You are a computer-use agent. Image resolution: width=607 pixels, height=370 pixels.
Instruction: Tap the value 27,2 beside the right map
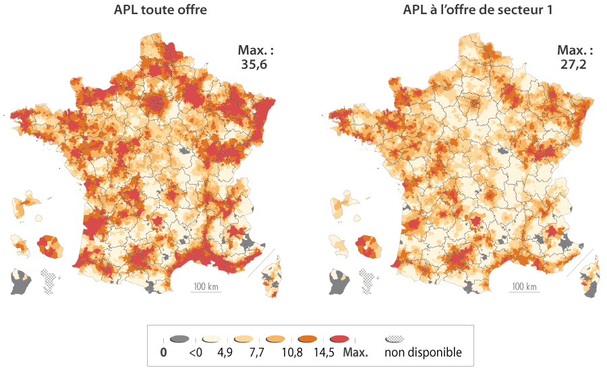575,64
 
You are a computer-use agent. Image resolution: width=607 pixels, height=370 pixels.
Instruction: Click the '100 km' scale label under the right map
524,286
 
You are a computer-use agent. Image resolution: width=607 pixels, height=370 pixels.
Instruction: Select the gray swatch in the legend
179,339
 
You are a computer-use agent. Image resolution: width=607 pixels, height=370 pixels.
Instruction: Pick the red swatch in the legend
341,339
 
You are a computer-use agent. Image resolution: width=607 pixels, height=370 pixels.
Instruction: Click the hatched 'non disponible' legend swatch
395,339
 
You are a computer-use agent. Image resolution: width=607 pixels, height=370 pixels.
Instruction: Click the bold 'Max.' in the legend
356,352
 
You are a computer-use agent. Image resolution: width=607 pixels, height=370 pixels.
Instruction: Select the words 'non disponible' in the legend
424,352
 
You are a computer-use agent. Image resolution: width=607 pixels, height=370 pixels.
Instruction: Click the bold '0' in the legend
163,352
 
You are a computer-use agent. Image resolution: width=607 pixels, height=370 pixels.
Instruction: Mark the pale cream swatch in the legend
211,339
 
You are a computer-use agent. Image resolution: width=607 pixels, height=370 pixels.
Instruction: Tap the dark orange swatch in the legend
309,339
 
